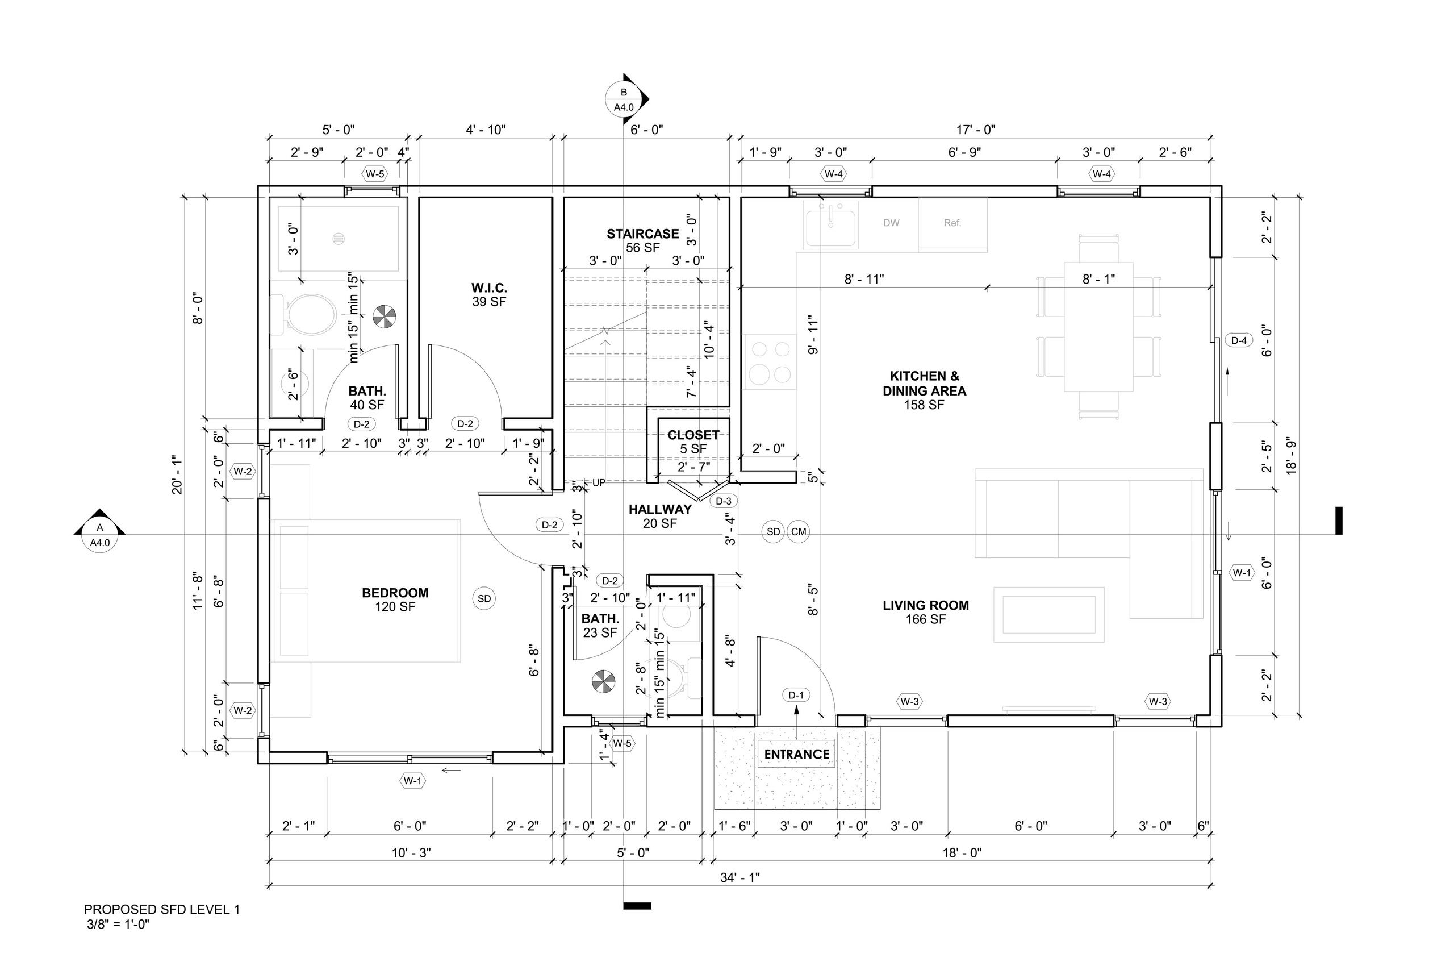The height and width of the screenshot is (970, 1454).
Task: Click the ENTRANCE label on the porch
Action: pos(796,754)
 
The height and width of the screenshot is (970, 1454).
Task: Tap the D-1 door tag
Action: pos(796,696)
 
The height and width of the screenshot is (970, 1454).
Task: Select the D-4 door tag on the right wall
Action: pos(1238,340)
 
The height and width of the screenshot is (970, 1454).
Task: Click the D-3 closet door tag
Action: pos(723,501)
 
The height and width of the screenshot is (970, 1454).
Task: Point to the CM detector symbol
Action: pos(798,532)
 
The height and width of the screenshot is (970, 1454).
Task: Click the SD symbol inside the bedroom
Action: pos(484,598)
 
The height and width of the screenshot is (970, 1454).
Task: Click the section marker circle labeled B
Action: pos(624,99)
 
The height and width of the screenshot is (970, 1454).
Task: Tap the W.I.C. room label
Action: pos(489,288)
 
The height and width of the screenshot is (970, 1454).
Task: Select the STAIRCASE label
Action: pos(642,234)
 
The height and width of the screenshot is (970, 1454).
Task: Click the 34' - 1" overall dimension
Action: pos(739,877)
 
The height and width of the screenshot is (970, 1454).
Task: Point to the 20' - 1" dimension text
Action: pos(178,474)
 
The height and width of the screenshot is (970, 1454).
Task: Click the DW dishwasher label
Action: pos(891,223)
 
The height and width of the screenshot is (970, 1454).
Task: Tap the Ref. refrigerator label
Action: pos(952,223)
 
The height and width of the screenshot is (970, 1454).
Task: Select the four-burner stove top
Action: pos(770,362)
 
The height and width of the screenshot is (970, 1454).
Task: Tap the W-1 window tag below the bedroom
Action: pos(412,781)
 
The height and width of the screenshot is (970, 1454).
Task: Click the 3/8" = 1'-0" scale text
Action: pos(118,926)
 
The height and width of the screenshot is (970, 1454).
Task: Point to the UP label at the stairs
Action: pos(599,482)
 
